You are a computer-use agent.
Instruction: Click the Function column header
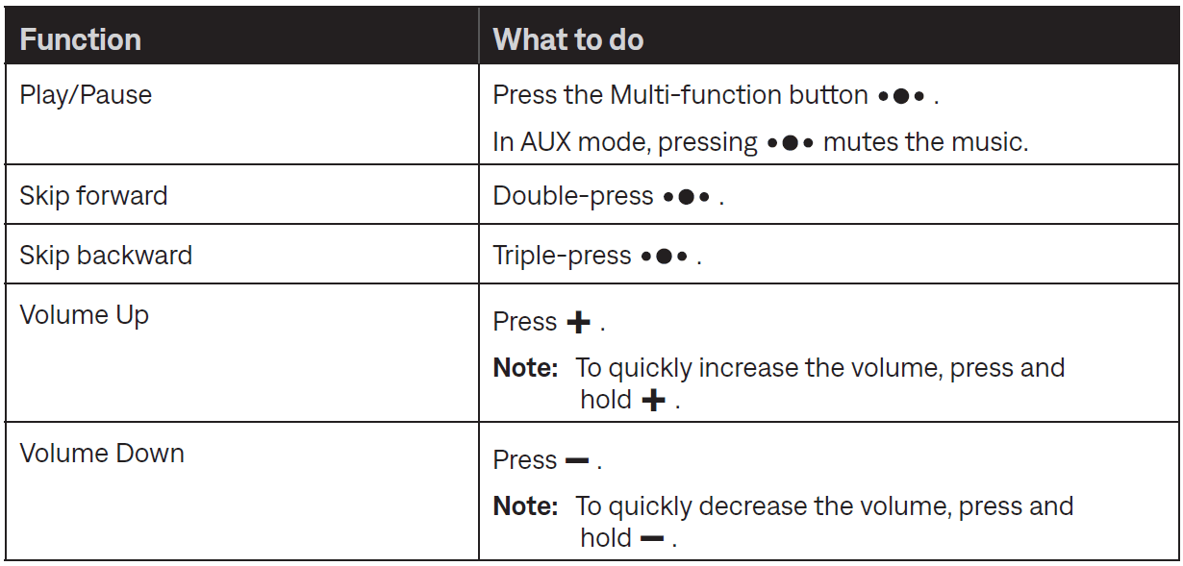80,39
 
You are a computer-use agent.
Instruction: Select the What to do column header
567,39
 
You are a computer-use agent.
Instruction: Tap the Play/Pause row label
86,96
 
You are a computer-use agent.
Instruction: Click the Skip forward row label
93,196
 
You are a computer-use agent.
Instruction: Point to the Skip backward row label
106,256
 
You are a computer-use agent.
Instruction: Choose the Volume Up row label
84,316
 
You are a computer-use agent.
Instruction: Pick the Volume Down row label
102,454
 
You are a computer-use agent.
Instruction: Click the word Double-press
573,197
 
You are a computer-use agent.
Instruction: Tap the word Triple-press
562,257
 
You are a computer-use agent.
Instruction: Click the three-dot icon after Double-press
686,197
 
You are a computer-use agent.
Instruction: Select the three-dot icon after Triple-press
664,257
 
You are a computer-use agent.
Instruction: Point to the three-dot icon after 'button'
901,96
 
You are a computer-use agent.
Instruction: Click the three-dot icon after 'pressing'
790,143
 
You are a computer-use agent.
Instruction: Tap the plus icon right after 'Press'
578,322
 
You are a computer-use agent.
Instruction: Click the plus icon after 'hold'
653,400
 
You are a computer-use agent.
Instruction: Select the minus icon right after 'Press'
577,461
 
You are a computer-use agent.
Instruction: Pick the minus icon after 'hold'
652,538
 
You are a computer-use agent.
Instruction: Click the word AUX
545,142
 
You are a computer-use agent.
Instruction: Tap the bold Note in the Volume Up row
525,368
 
